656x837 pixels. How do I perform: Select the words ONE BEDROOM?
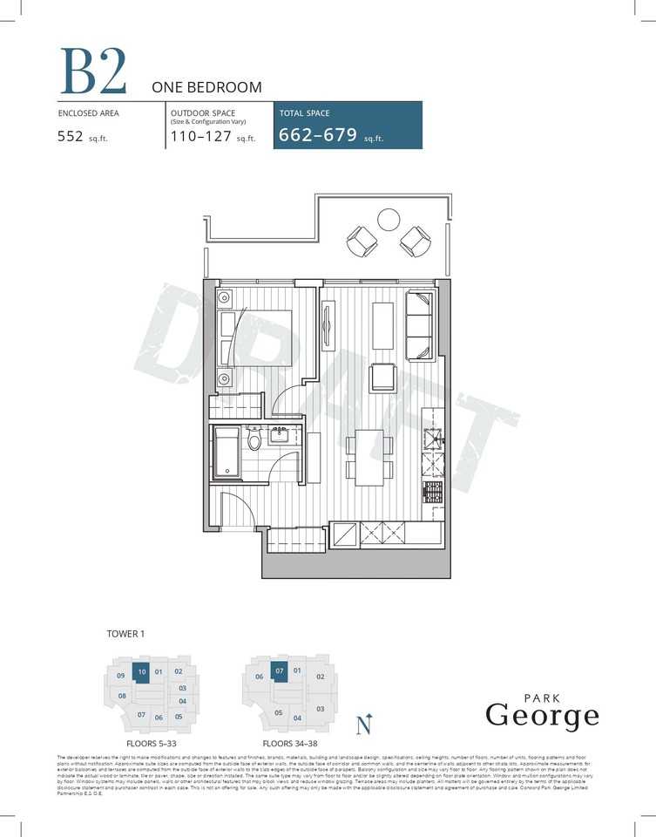pos(206,87)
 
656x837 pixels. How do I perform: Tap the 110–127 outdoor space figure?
pos(200,136)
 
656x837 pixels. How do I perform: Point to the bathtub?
pos(228,453)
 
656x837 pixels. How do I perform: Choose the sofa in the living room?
pos(419,325)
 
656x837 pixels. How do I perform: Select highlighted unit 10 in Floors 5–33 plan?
pos(141,672)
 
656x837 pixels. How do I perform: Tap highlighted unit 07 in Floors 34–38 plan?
pos(279,671)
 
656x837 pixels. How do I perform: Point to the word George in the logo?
pos(542,716)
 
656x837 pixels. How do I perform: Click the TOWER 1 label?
pos(125,634)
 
